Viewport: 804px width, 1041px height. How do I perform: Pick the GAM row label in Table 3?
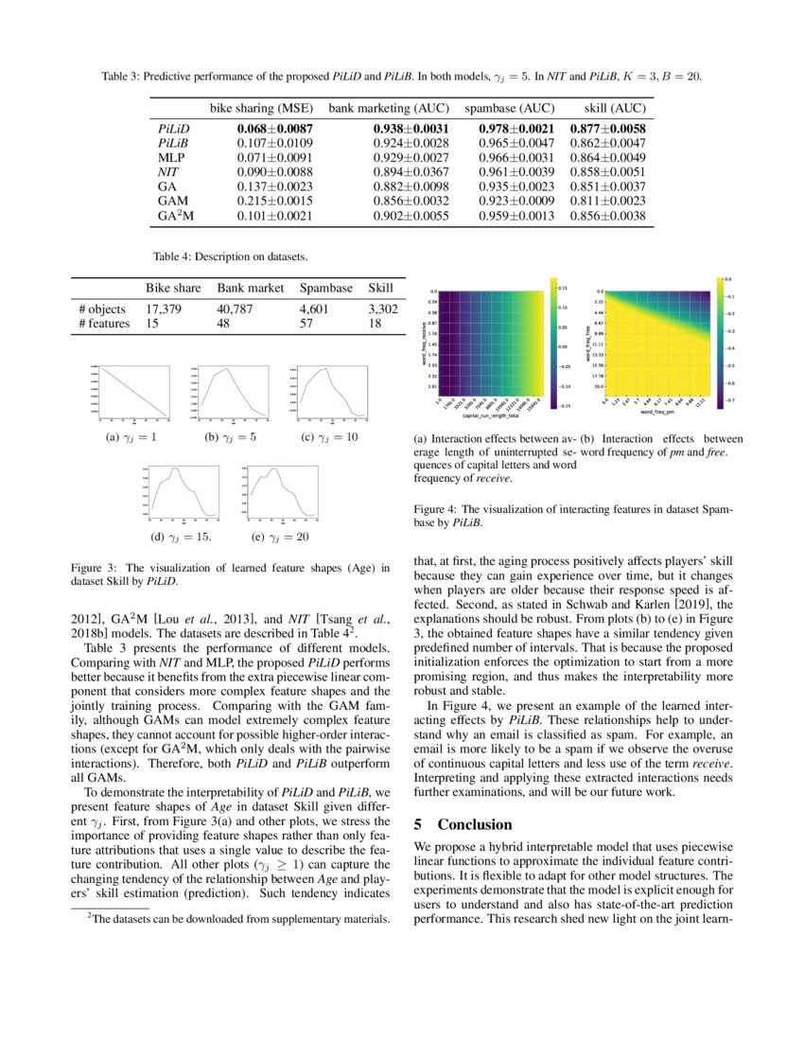tap(168, 201)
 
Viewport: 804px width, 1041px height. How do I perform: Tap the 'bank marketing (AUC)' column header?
tap(388, 108)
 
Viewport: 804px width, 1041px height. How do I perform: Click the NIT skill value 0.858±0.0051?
tap(608, 172)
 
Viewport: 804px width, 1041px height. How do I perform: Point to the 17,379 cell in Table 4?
tap(163, 309)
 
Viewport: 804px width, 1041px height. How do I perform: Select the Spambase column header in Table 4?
tap(325, 288)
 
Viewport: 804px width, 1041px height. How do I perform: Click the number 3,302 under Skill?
tap(380, 309)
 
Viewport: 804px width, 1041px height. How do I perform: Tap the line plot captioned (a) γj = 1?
tap(127, 393)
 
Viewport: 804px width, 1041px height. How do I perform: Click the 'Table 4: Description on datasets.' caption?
tap(230, 256)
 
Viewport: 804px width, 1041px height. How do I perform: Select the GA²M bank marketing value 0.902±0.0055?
tap(388, 215)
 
